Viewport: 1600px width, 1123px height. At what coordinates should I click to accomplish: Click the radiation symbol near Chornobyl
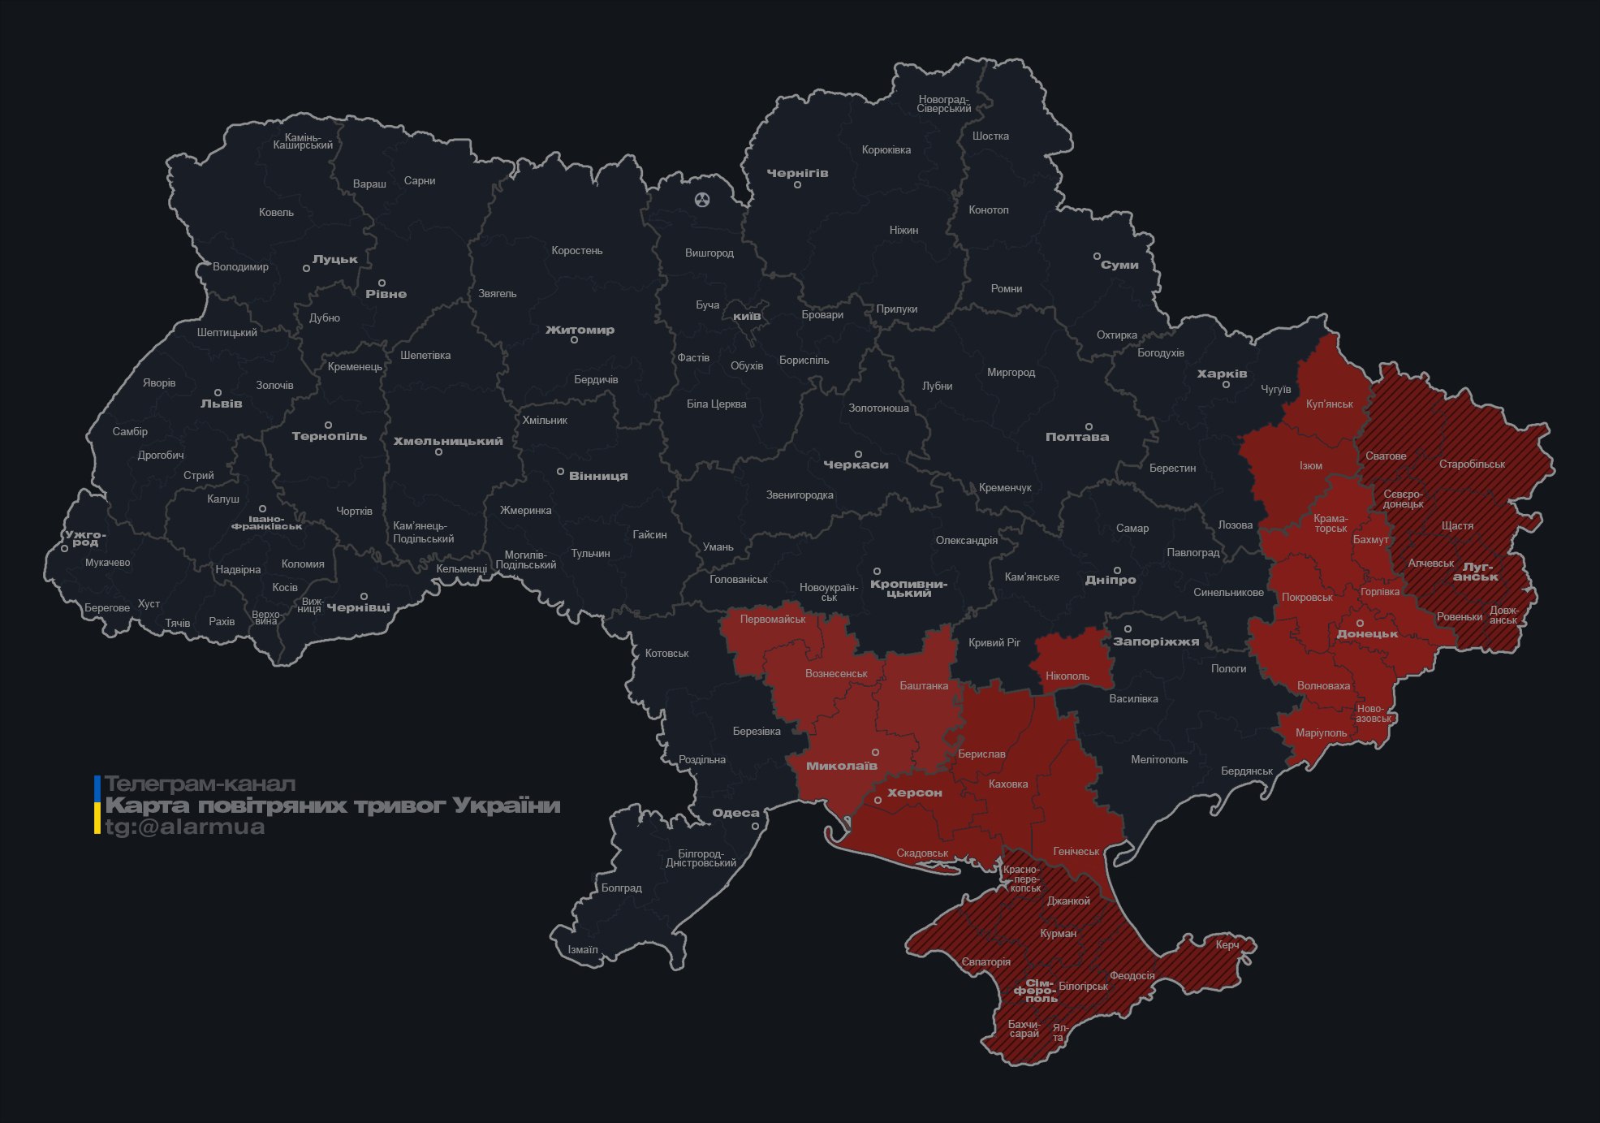click(702, 199)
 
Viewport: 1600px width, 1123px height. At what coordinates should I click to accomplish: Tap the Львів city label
click(221, 404)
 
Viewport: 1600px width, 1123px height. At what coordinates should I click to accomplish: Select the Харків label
click(1222, 374)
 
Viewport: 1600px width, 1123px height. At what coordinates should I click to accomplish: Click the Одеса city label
click(735, 813)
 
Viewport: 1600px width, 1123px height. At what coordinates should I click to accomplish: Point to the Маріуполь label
click(1321, 733)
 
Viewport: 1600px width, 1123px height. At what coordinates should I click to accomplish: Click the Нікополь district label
click(1067, 676)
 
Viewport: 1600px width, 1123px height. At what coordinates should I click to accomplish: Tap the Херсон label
click(914, 793)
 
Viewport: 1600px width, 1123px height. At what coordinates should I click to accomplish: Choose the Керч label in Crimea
click(1227, 944)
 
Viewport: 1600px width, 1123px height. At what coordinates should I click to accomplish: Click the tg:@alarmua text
click(185, 827)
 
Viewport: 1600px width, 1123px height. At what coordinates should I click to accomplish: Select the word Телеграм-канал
click(200, 784)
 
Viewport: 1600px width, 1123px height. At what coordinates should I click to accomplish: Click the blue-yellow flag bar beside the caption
click(97, 805)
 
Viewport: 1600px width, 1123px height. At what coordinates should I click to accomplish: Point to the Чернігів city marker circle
click(797, 185)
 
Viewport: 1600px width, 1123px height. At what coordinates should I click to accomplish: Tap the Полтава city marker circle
click(1089, 426)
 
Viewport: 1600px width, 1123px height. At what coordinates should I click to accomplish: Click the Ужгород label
click(85, 538)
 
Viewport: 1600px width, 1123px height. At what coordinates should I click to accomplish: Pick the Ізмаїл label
click(582, 949)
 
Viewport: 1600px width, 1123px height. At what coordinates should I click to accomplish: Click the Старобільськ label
click(1471, 464)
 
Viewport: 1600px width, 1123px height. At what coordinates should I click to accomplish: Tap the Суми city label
click(1119, 265)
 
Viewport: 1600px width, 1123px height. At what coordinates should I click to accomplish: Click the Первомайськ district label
click(772, 619)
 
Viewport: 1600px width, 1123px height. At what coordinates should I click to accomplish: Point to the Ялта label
click(1059, 1032)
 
